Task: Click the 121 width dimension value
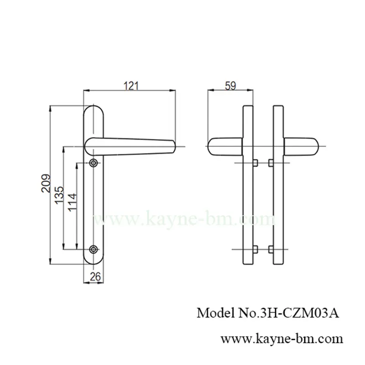click(x=130, y=85)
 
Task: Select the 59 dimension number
click(x=230, y=85)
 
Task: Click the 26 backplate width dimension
click(x=95, y=276)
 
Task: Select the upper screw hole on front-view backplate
click(x=94, y=162)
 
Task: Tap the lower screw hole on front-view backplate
click(x=94, y=249)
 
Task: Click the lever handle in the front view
click(x=132, y=145)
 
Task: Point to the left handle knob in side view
click(x=224, y=146)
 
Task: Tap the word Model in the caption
click(x=213, y=314)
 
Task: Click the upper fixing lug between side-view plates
click(x=263, y=163)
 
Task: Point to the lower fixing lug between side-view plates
click(x=263, y=249)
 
